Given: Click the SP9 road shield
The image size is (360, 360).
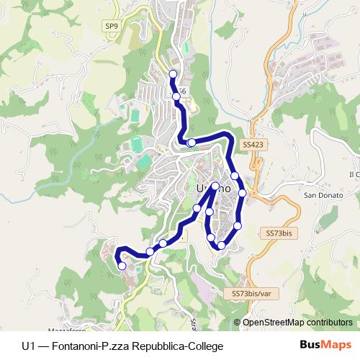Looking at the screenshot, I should [111, 27].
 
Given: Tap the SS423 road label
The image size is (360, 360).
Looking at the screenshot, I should [253, 144].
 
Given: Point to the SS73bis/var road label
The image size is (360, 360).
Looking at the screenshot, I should [251, 294].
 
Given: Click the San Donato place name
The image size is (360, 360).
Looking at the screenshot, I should [320, 195].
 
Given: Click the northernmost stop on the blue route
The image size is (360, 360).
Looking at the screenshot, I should [172, 74].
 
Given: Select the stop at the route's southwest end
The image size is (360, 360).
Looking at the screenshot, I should [122, 266].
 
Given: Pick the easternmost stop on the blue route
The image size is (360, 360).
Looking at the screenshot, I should [243, 192].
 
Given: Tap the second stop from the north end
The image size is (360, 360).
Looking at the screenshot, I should [176, 95].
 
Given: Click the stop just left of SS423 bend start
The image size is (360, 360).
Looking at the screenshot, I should [191, 143].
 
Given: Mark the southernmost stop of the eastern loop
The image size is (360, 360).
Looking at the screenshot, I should [221, 246].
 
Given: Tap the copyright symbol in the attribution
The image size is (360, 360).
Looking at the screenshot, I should [238, 323].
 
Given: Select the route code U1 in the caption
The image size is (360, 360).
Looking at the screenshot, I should [28, 346].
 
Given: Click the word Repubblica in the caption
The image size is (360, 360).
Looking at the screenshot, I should [158, 346].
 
